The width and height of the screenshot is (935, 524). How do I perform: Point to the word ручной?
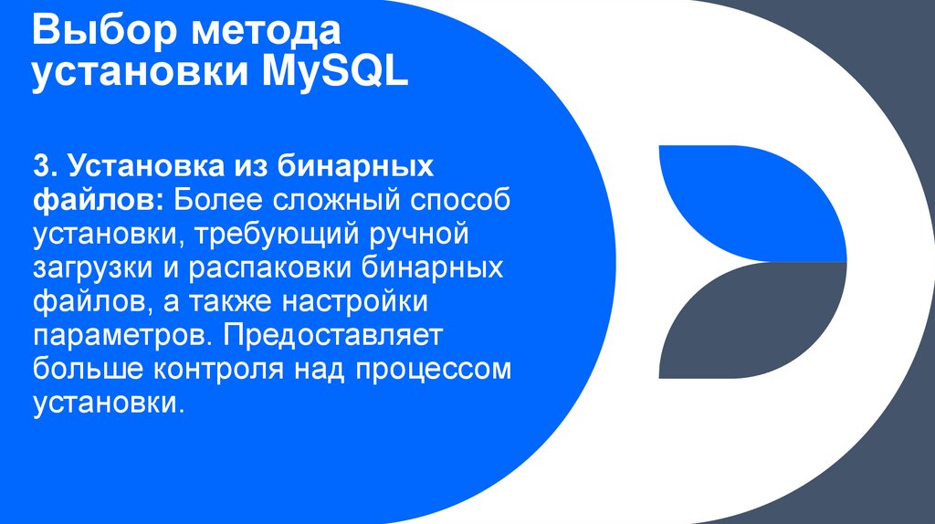(x=416, y=234)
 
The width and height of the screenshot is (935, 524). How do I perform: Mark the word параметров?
(x=116, y=336)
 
